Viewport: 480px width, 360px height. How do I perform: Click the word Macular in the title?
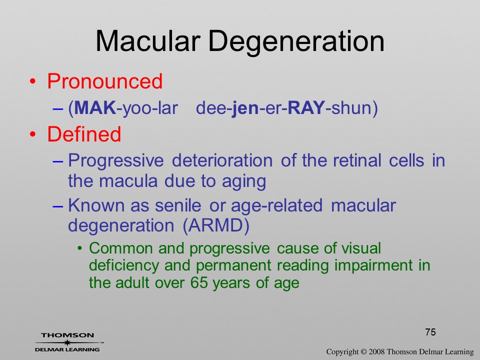148,41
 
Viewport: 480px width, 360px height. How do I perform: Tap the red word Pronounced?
104,81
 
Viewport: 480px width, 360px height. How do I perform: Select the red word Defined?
84,134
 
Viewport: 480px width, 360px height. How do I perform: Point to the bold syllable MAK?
95,108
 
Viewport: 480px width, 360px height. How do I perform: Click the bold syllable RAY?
306,108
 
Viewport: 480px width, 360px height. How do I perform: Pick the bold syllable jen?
245,108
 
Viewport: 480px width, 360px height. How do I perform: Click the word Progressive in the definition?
115,161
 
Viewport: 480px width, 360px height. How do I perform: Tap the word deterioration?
222,160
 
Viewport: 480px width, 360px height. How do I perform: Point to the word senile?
178,205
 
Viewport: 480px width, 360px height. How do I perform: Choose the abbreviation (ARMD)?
216,226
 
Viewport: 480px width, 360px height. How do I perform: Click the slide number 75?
430,332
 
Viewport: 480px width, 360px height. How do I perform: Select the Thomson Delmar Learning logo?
68,342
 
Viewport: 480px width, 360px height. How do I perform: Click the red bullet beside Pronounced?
33,81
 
